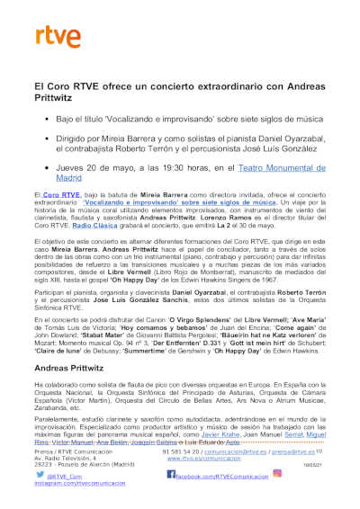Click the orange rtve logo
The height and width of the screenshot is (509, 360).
pyautogui.click(x=52, y=37)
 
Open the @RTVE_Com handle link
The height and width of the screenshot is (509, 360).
pyautogui.click(x=68, y=474)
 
